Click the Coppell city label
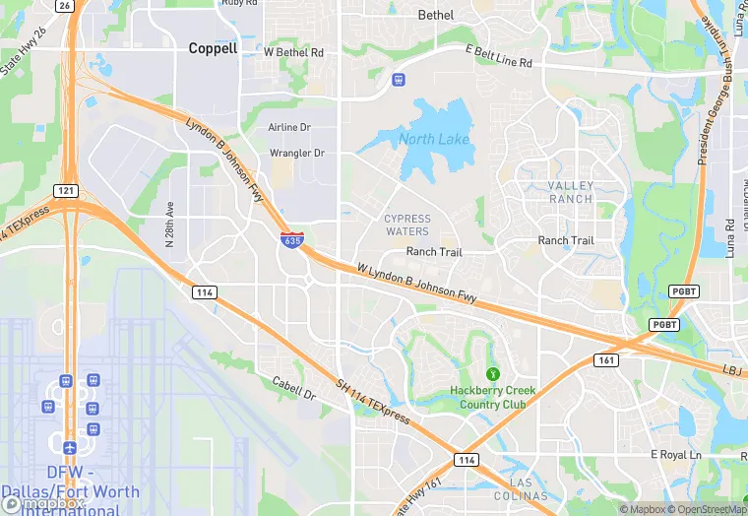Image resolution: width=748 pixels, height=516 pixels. coord(213,47)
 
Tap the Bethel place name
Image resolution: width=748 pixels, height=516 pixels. coord(436,15)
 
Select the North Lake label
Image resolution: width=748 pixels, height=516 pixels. coord(434,139)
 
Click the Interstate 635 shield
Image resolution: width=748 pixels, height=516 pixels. coord(291,238)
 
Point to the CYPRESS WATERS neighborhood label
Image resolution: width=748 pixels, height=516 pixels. coord(406,226)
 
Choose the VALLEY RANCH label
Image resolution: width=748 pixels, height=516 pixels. coord(571,192)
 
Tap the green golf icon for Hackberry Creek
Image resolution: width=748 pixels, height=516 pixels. coord(492,373)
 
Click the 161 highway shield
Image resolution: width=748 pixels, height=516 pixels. coord(606,360)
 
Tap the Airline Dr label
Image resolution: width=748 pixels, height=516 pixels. coord(289,128)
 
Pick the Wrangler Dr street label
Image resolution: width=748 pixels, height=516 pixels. coord(296,154)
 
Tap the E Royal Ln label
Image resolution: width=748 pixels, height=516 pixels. coord(675,454)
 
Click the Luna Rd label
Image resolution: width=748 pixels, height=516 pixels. coord(730,238)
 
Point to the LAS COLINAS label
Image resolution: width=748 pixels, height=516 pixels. coord(522,488)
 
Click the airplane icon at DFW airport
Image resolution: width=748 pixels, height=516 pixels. coord(69,447)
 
